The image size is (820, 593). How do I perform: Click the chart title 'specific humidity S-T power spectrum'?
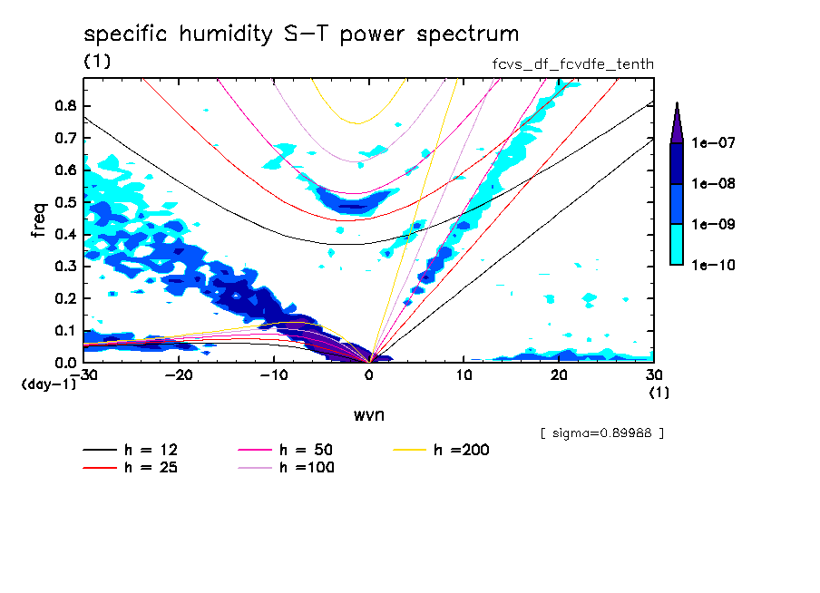click(x=301, y=34)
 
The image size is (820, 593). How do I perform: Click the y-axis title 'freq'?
click(x=39, y=219)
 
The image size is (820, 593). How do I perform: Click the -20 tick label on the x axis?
click(x=179, y=375)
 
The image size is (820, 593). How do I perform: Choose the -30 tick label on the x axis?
click(x=83, y=375)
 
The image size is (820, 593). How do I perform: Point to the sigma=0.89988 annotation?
click(x=601, y=433)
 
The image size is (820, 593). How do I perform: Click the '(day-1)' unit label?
click(x=48, y=384)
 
